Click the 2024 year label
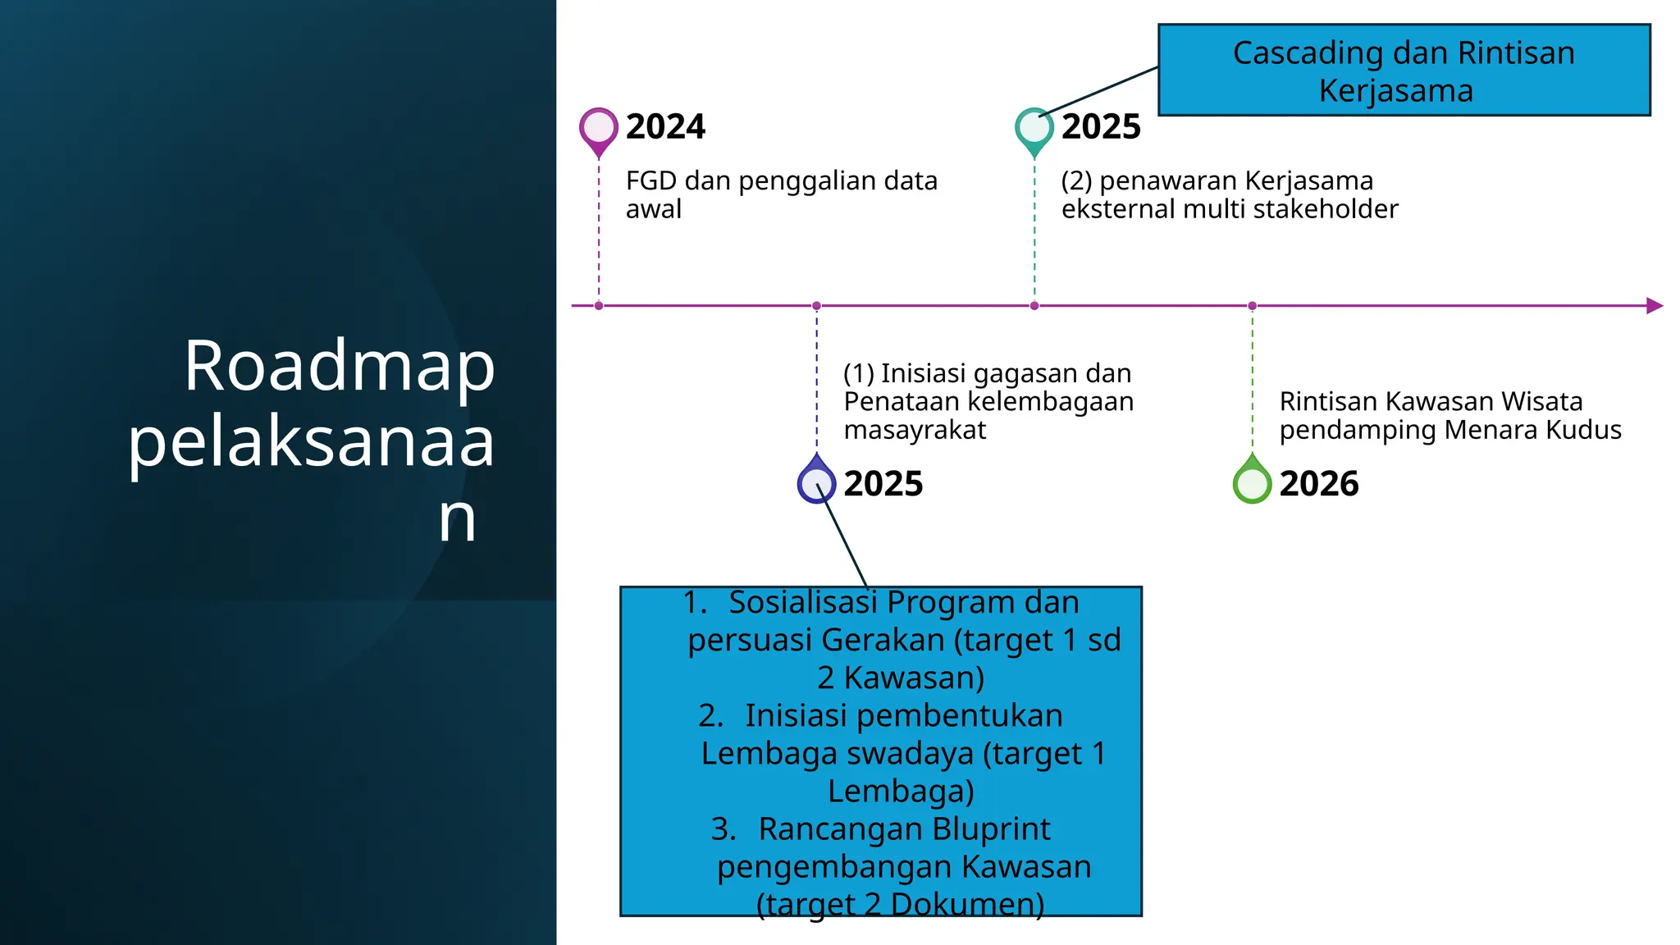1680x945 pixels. tap(665, 127)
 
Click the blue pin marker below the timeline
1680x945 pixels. tap(816, 482)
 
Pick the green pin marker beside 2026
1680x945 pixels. tap(1252, 482)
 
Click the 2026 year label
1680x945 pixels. tap(1319, 484)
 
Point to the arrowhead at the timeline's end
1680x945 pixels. tap(1654, 306)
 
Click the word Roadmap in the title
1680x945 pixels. tap(339, 366)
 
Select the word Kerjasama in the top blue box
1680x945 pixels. tap(1395, 91)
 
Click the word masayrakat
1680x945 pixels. tap(914, 430)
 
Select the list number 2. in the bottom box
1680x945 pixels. tap(710, 716)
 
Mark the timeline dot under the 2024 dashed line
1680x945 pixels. tap(599, 306)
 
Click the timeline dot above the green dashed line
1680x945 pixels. tap(1252, 306)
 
